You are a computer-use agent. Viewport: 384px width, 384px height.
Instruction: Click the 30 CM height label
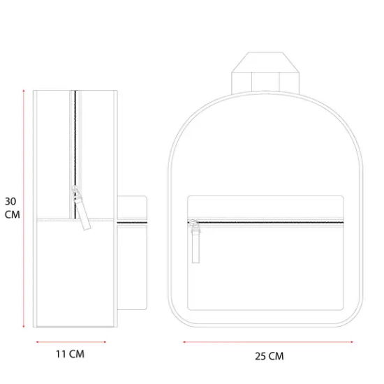click(12, 208)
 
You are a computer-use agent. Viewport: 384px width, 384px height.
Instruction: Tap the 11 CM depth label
click(70, 354)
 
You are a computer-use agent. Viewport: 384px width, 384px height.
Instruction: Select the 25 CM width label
click(269, 356)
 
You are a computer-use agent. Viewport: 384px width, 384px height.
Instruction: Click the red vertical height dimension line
click(24, 209)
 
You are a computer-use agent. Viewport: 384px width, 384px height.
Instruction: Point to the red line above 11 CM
click(71, 342)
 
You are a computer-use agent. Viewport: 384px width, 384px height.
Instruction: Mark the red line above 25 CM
click(268, 342)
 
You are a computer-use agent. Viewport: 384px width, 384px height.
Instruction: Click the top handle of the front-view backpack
click(265, 73)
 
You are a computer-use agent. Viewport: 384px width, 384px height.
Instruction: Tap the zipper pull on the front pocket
click(195, 242)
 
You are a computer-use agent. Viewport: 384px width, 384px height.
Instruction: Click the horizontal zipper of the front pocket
click(266, 223)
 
